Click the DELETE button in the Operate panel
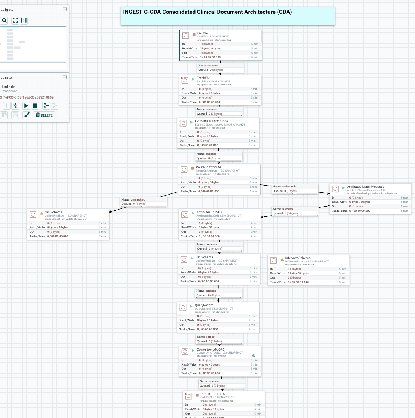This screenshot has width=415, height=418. click(44, 115)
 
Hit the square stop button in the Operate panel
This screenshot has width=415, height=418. click(35, 106)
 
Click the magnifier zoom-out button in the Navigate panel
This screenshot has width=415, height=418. click(4, 20)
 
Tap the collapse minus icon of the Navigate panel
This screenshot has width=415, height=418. click(64, 9)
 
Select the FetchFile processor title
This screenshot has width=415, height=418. click(203, 78)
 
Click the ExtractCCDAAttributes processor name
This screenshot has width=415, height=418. click(211, 121)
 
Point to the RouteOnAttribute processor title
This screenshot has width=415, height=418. click(208, 167)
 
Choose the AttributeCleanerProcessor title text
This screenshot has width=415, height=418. click(366, 187)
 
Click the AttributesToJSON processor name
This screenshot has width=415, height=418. click(209, 212)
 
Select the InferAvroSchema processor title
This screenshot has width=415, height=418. click(297, 258)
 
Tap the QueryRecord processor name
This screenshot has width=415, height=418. click(204, 305)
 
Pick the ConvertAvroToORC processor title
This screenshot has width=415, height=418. click(210, 349)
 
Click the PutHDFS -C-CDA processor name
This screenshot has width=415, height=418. click(212, 394)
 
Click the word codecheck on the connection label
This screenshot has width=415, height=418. click(289, 186)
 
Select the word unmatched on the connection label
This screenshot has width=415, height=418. click(138, 199)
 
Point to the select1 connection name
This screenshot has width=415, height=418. click(211, 337)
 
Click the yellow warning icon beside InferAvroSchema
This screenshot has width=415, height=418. click(282, 259)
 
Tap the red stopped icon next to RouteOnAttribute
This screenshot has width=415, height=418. click(193, 168)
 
